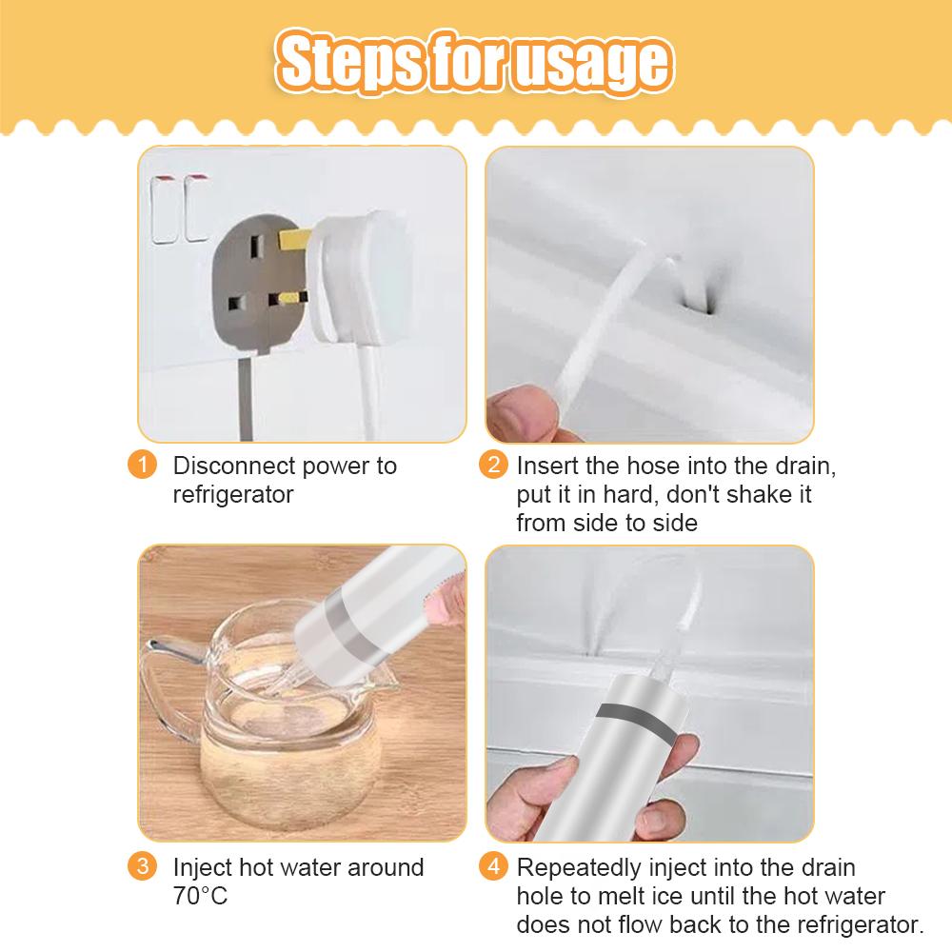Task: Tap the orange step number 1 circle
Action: pos(141,466)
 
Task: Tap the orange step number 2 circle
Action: pos(492,466)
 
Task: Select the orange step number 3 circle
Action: pos(141,867)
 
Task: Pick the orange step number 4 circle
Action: pos(492,867)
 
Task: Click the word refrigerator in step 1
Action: pos(232,495)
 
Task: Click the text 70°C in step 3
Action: pos(200,897)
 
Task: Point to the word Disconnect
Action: pos(232,466)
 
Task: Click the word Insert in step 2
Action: pos(546,466)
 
